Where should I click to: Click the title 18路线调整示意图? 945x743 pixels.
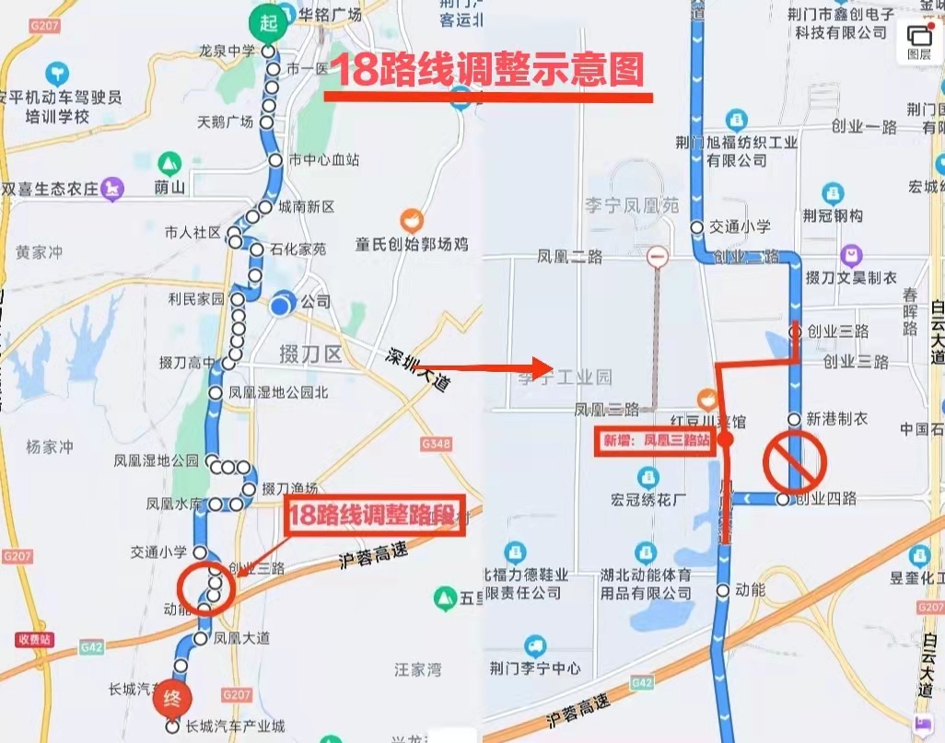point(486,70)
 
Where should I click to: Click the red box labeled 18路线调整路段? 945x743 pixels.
point(374,517)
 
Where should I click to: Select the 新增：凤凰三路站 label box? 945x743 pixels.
point(656,441)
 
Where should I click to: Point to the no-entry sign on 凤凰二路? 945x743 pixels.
point(657,257)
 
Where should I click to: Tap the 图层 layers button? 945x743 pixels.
point(918,41)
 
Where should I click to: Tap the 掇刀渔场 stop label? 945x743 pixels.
point(290,488)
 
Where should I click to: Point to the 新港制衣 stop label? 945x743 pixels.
point(836,419)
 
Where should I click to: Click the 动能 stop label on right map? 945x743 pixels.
point(751,589)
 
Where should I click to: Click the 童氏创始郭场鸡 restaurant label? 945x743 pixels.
point(412,243)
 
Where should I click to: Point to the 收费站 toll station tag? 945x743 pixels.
point(34,639)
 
